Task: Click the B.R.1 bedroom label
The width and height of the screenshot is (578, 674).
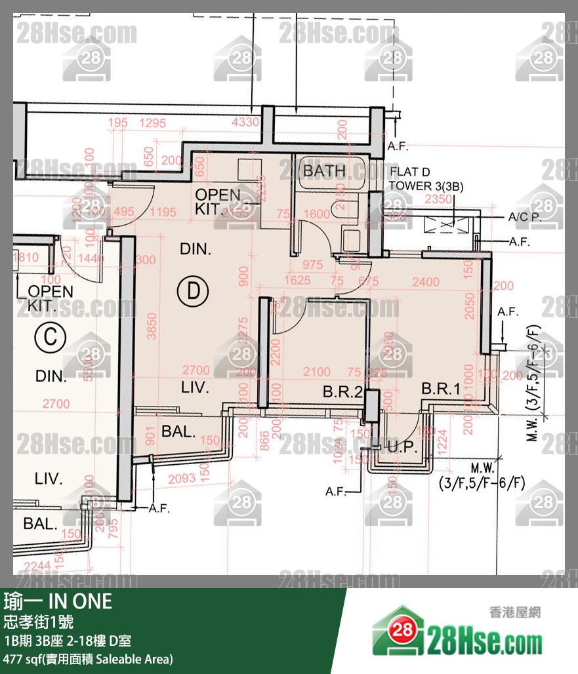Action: pyautogui.click(x=440, y=389)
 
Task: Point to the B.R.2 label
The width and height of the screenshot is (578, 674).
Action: pyautogui.click(x=343, y=393)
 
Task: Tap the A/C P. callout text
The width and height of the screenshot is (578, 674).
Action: pyautogui.click(x=524, y=217)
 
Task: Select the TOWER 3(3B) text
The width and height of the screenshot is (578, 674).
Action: pyautogui.click(x=426, y=186)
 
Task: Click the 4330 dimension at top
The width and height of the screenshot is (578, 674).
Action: pyautogui.click(x=245, y=123)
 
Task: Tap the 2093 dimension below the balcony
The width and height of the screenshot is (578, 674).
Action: pyautogui.click(x=181, y=480)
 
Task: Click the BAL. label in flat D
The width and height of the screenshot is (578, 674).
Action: pyautogui.click(x=178, y=432)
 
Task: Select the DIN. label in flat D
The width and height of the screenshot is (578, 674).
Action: pyautogui.click(x=196, y=249)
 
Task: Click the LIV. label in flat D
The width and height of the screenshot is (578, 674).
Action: pyautogui.click(x=195, y=388)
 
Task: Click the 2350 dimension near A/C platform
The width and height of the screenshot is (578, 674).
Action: pyautogui.click(x=439, y=199)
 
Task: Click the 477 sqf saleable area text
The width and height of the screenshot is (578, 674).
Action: pyautogui.click(x=88, y=659)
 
